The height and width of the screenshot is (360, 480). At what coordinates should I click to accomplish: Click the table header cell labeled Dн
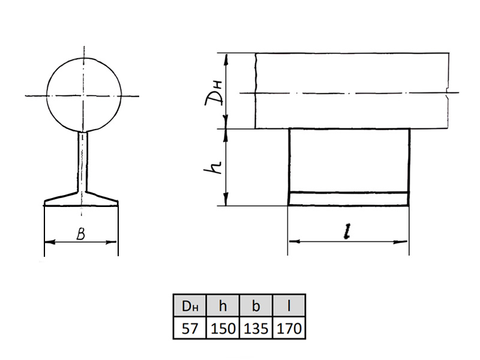pos(190,305)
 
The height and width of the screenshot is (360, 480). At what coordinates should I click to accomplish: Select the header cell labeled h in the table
pos(223,305)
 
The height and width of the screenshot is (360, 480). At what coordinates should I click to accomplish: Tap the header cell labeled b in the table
pos(256,305)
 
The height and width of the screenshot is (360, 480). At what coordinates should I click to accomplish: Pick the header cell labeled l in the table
pos(289,305)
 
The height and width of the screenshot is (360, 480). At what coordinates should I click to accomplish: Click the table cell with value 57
pos(190,328)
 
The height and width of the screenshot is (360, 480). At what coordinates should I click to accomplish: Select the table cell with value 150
pos(223,328)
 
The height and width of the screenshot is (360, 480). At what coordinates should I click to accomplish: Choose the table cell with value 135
pos(256,328)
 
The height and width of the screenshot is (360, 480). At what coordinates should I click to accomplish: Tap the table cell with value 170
pos(289,328)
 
